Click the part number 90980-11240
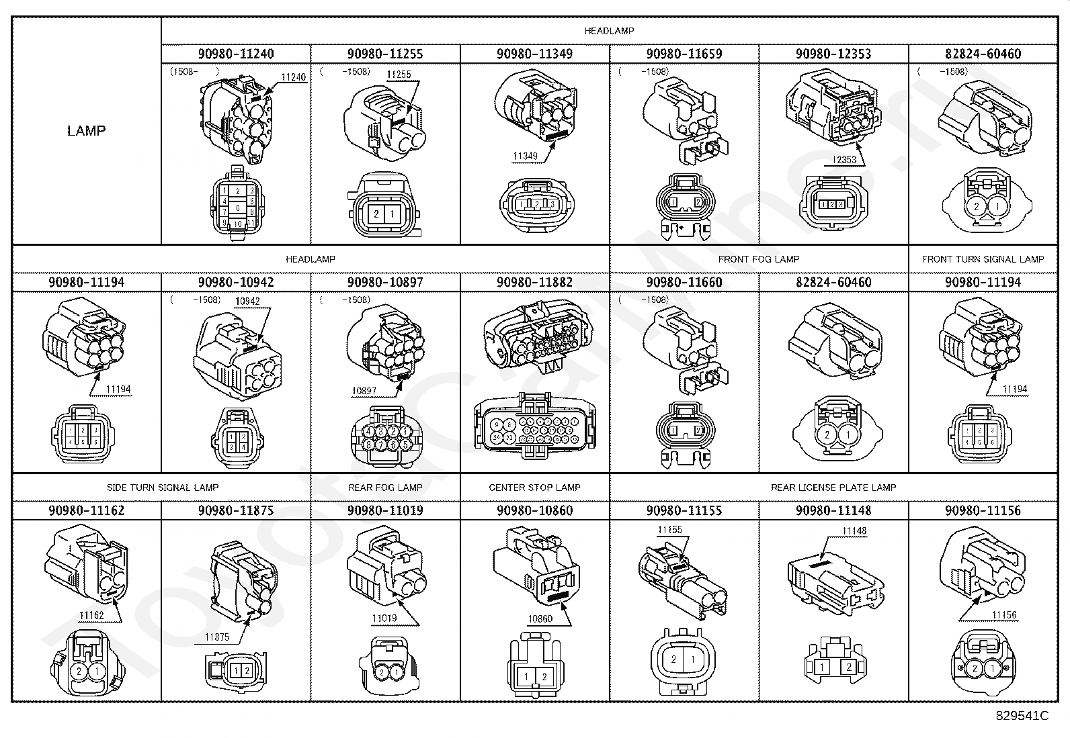[236, 54]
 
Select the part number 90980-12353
[833, 54]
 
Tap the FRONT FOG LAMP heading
[759, 259]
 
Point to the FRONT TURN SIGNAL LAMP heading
[983, 259]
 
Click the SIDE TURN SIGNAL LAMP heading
[163, 488]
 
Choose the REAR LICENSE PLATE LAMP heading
[833, 488]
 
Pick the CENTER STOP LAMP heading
[534, 488]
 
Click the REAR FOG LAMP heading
[385, 488]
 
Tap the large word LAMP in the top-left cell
[86, 131]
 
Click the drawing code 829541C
[1022, 716]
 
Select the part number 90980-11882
[534, 282]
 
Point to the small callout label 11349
[526, 156]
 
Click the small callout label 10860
[540, 618]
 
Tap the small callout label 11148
[854, 531]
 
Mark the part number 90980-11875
[236, 510]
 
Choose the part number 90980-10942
[236, 282]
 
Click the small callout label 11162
[91, 615]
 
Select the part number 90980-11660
[684, 282]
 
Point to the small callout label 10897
[364, 390]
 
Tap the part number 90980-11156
[983, 510]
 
